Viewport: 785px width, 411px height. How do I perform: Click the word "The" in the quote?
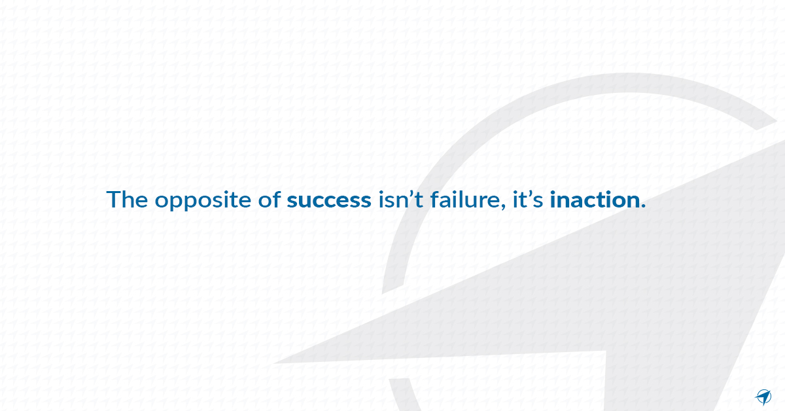(x=127, y=200)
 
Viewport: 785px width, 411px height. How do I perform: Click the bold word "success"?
(x=328, y=200)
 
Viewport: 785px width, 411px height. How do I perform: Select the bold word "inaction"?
(x=594, y=200)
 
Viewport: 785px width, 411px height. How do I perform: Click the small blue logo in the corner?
(x=763, y=396)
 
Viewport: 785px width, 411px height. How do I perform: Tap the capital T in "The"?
(x=113, y=200)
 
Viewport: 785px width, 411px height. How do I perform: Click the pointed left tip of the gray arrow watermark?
(x=275, y=362)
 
